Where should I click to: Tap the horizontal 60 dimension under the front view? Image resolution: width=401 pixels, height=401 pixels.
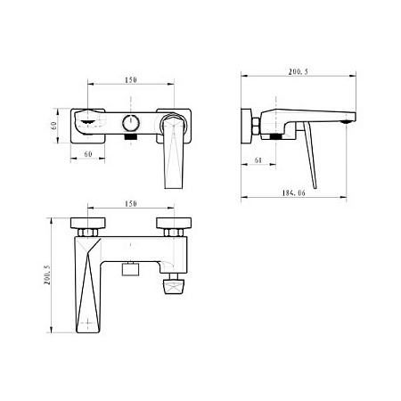coord(87,154)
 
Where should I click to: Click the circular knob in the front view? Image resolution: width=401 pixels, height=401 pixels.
coord(131,124)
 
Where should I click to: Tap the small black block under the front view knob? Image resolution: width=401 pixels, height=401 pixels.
coord(130,139)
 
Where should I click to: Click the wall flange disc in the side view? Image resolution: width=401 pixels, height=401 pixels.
coord(246,127)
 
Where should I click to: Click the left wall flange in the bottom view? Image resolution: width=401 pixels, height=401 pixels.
coord(89,223)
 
